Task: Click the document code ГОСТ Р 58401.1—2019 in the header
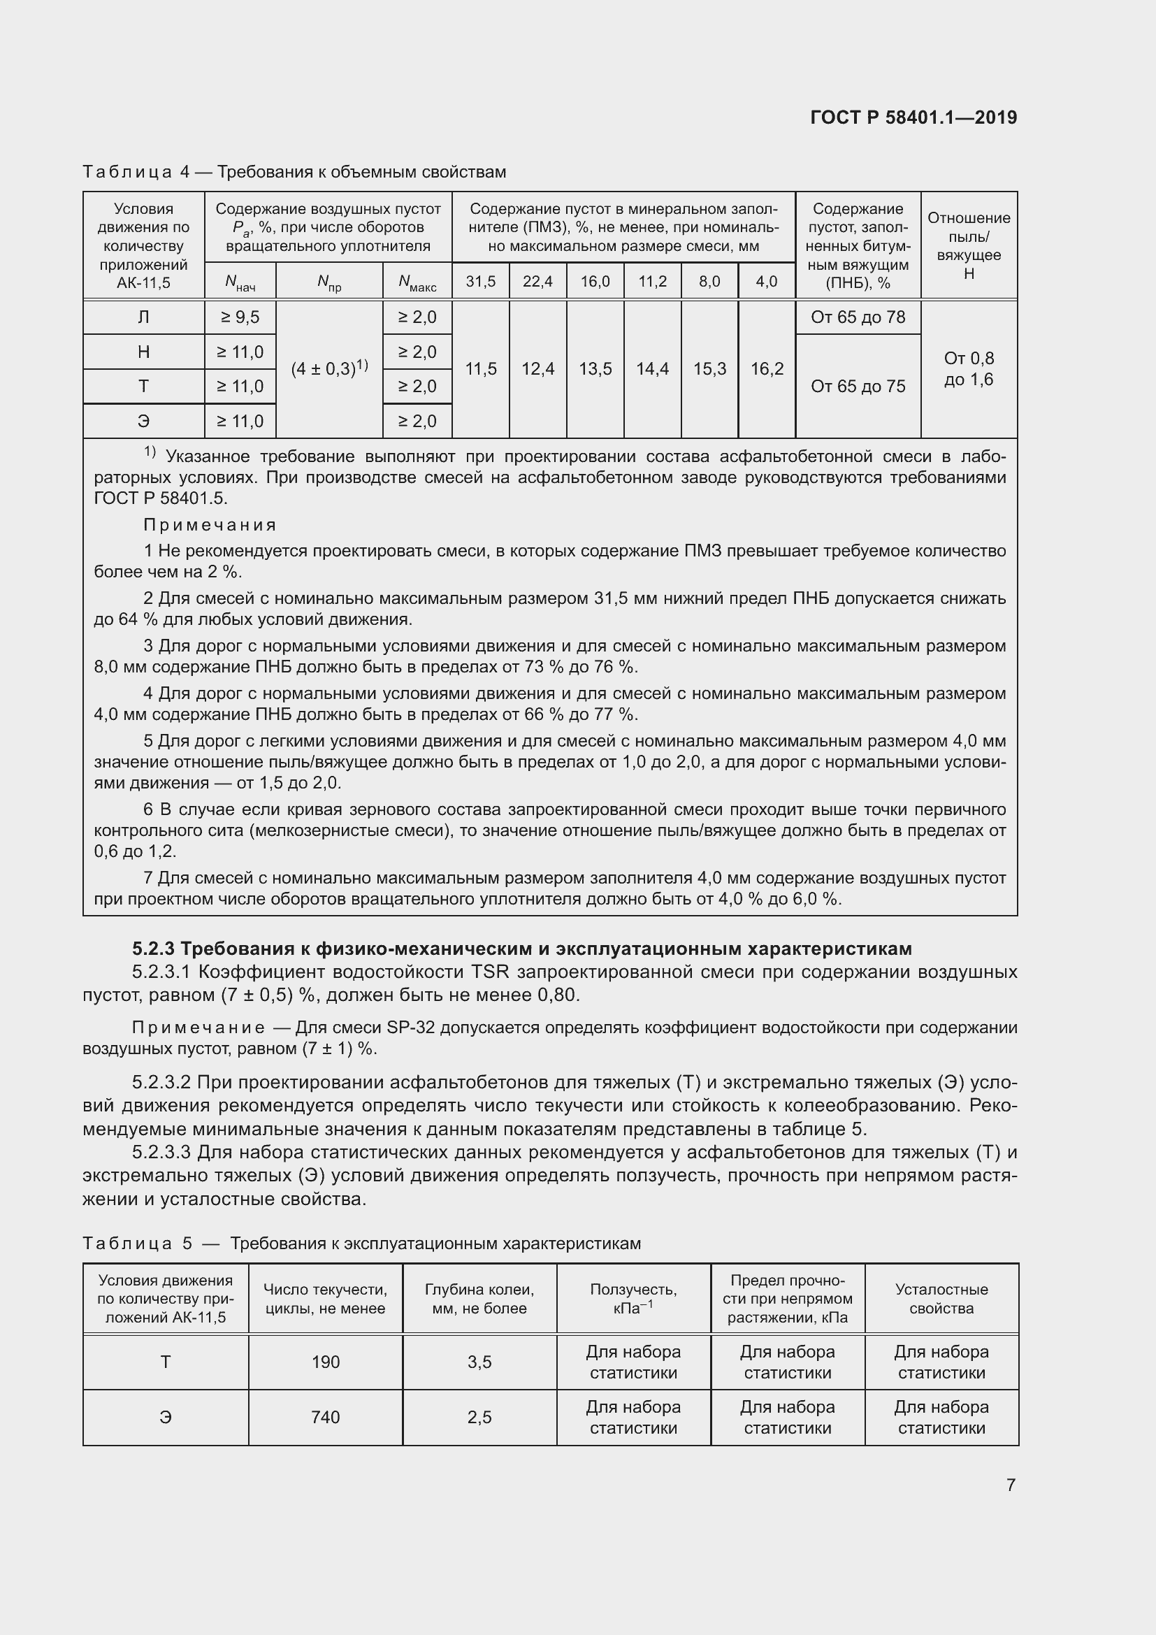(913, 117)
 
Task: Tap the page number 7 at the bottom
(1010, 1484)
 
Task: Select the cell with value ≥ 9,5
(240, 317)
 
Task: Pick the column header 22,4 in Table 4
(537, 281)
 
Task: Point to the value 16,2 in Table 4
(767, 369)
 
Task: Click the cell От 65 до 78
(858, 317)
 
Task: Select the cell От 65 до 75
(858, 386)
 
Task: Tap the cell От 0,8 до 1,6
(969, 369)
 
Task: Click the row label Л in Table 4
(144, 317)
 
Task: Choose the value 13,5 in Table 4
(595, 369)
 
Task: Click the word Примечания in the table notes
(210, 525)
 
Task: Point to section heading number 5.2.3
(153, 949)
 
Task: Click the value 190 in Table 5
(325, 1362)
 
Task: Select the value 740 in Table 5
(325, 1417)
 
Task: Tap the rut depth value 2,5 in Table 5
(479, 1417)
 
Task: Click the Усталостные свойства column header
(941, 1298)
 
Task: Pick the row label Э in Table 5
(165, 1417)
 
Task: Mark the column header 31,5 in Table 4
(480, 281)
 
